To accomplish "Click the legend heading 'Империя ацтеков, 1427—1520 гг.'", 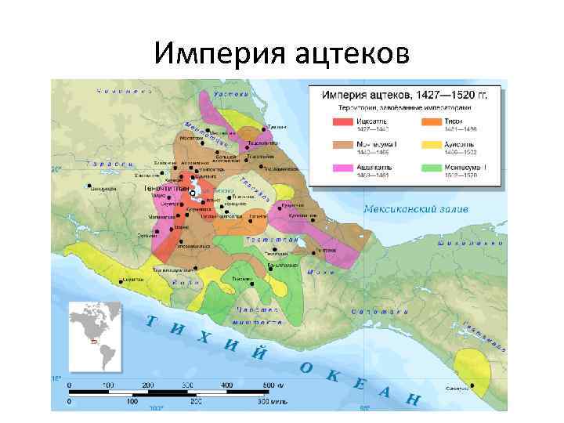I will click(x=406, y=94).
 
